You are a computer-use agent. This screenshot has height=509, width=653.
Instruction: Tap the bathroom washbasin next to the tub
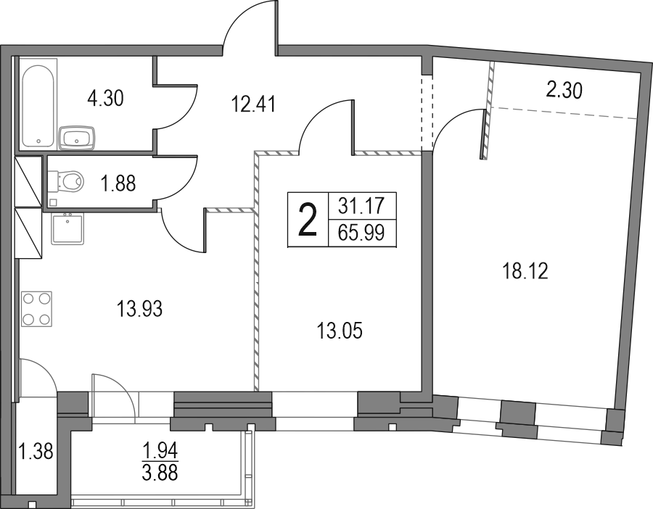pyautogui.click(x=78, y=138)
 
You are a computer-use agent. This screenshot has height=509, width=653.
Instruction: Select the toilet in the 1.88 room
pyautogui.click(x=66, y=181)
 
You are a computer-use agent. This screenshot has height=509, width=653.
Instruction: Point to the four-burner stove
pyautogui.click(x=36, y=309)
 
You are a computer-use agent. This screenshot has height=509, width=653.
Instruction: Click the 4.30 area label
pyautogui.click(x=105, y=99)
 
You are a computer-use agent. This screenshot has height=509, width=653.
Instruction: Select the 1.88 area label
pyautogui.click(x=119, y=183)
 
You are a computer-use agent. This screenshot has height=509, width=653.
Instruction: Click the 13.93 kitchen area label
pyautogui.click(x=139, y=309)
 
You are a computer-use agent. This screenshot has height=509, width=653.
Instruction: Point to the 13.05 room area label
pyautogui.click(x=340, y=331)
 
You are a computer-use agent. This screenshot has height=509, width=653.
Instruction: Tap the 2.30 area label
pyautogui.click(x=564, y=91)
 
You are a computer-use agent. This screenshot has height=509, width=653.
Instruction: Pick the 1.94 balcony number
pyautogui.click(x=160, y=450)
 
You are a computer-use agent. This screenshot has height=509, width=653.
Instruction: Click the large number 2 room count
pyautogui.click(x=308, y=220)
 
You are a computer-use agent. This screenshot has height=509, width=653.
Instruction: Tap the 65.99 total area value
pyautogui.click(x=361, y=233)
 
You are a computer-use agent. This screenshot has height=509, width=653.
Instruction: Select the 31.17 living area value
pyautogui.click(x=361, y=207)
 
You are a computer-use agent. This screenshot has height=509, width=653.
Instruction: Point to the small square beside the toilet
pyautogui.click(x=52, y=203)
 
